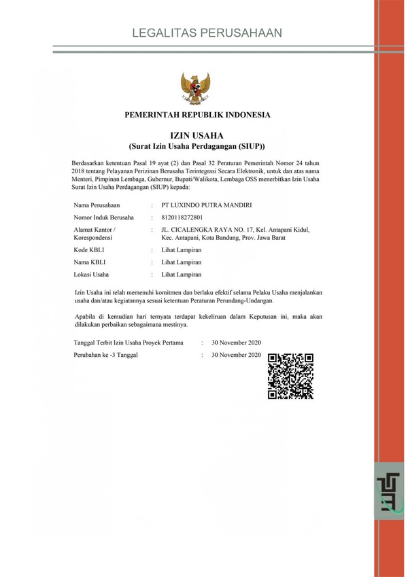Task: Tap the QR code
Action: pyautogui.click(x=291, y=376)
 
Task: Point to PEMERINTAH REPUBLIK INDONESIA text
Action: pyautogui.click(x=197, y=115)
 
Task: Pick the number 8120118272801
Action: pyautogui.click(x=182, y=217)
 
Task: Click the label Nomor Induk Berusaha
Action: pyautogui.click(x=103, y=217)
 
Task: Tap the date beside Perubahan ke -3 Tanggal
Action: pyautogui.click(x=236, y=355)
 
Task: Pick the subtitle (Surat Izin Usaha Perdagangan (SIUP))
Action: pyautogui.click(x=197, y=147)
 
